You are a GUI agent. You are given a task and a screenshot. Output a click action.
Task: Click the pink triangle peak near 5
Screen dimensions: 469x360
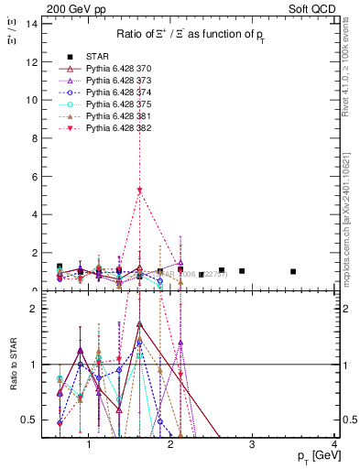click(139, 191)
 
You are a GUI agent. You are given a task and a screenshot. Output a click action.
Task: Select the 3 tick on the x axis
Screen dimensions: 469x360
click(252, 445)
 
